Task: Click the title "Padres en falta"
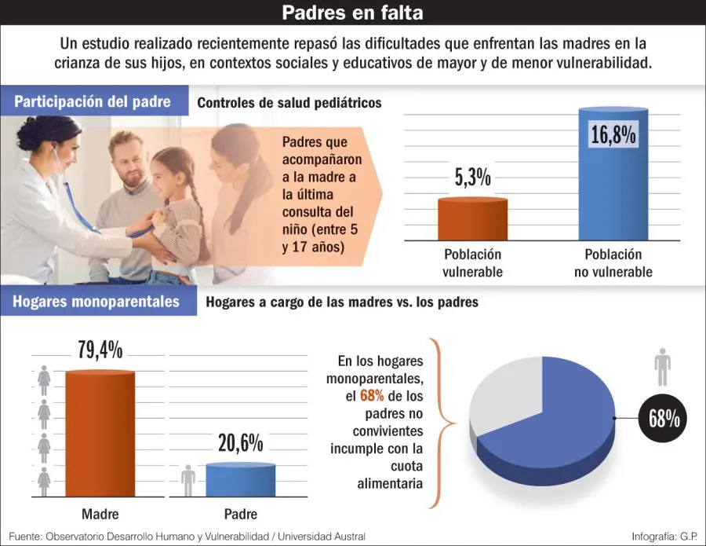[352, 13]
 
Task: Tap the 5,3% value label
[472, 178]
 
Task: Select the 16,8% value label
[613, 134]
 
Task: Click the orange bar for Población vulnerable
[472, 219]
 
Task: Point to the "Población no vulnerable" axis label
[613, 263]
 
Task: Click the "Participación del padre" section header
[93, 102]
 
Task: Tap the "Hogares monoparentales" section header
[96, 302]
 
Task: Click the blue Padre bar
[241, 480]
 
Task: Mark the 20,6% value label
[241, 444]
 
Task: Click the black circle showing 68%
[663, 420]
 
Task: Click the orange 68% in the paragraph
[372, 396]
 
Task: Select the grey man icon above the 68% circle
[663, 368]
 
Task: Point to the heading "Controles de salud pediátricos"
[289, 103]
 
